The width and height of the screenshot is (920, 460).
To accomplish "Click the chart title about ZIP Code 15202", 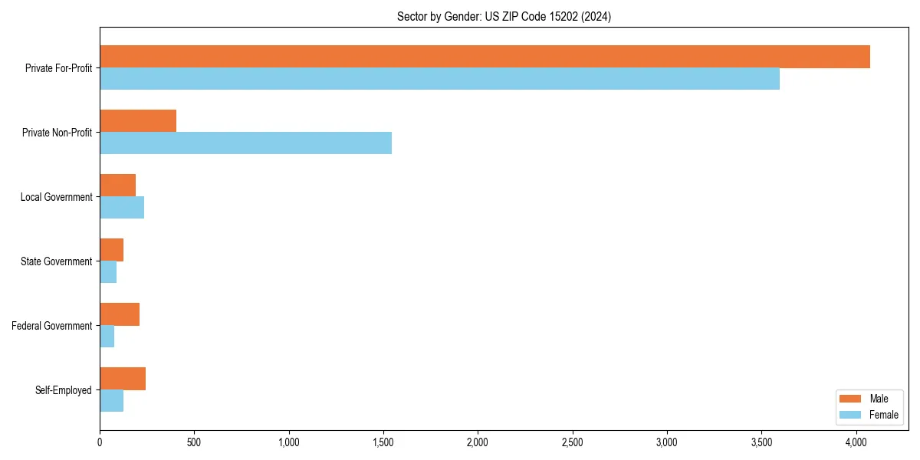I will tap(504, 16).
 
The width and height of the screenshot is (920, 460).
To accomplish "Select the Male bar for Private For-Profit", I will tap(485, 57).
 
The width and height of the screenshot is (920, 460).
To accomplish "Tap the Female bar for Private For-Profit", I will tap(439, 79).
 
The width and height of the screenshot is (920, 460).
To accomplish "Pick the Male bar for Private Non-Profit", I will tap(138, 121).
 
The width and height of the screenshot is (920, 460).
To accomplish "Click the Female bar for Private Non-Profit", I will tap(245, 143).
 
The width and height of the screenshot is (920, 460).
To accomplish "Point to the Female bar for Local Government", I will tap(122, 208).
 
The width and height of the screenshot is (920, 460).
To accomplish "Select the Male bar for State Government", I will tap(111, 250).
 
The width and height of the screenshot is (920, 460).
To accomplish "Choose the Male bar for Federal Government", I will tap(120, 314).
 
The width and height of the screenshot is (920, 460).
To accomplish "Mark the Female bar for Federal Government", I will tap(107, 337).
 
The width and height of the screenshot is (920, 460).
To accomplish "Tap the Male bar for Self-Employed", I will tap(123, 379).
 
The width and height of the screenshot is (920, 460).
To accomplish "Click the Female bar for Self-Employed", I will tap(111, 401).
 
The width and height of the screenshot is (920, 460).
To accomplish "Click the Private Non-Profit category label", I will tap(57, 133).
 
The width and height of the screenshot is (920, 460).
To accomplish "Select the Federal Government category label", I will tap(52, 326).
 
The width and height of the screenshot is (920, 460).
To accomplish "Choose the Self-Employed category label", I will tap(64, 390).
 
